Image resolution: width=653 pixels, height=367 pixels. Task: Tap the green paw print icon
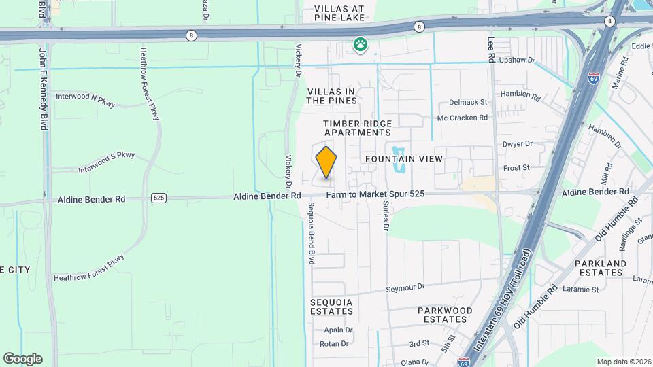click(x=360, y=46)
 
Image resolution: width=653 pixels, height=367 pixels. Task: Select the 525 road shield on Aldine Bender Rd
click(x=158, y=198)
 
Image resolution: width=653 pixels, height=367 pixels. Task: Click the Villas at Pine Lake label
click(x=339, y=14)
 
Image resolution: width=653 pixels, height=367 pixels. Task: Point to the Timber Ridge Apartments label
click(x=357, y=128)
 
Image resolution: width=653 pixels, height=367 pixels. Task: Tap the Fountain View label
click(x=404, y=158)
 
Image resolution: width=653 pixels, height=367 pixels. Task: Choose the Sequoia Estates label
click(x=331, y=307)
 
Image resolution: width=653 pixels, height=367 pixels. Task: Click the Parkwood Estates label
click(x=445, y=315)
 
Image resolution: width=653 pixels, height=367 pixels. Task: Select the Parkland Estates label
click(x=599, y=268)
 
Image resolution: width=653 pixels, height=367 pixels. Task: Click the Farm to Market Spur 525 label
click(x=375, y=194)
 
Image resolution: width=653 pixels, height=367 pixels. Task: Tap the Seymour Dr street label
click(x=405, y=287)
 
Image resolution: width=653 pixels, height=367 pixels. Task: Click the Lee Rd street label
click(x=490, y=50)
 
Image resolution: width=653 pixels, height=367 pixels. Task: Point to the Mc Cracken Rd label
click(x=463, y=118)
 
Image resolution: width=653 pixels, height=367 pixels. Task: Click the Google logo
click(x=22, y=359)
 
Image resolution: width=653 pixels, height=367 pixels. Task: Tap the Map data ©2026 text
click(x=622, y=362)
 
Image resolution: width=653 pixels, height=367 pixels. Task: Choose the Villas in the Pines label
click(x=332, y=96)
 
